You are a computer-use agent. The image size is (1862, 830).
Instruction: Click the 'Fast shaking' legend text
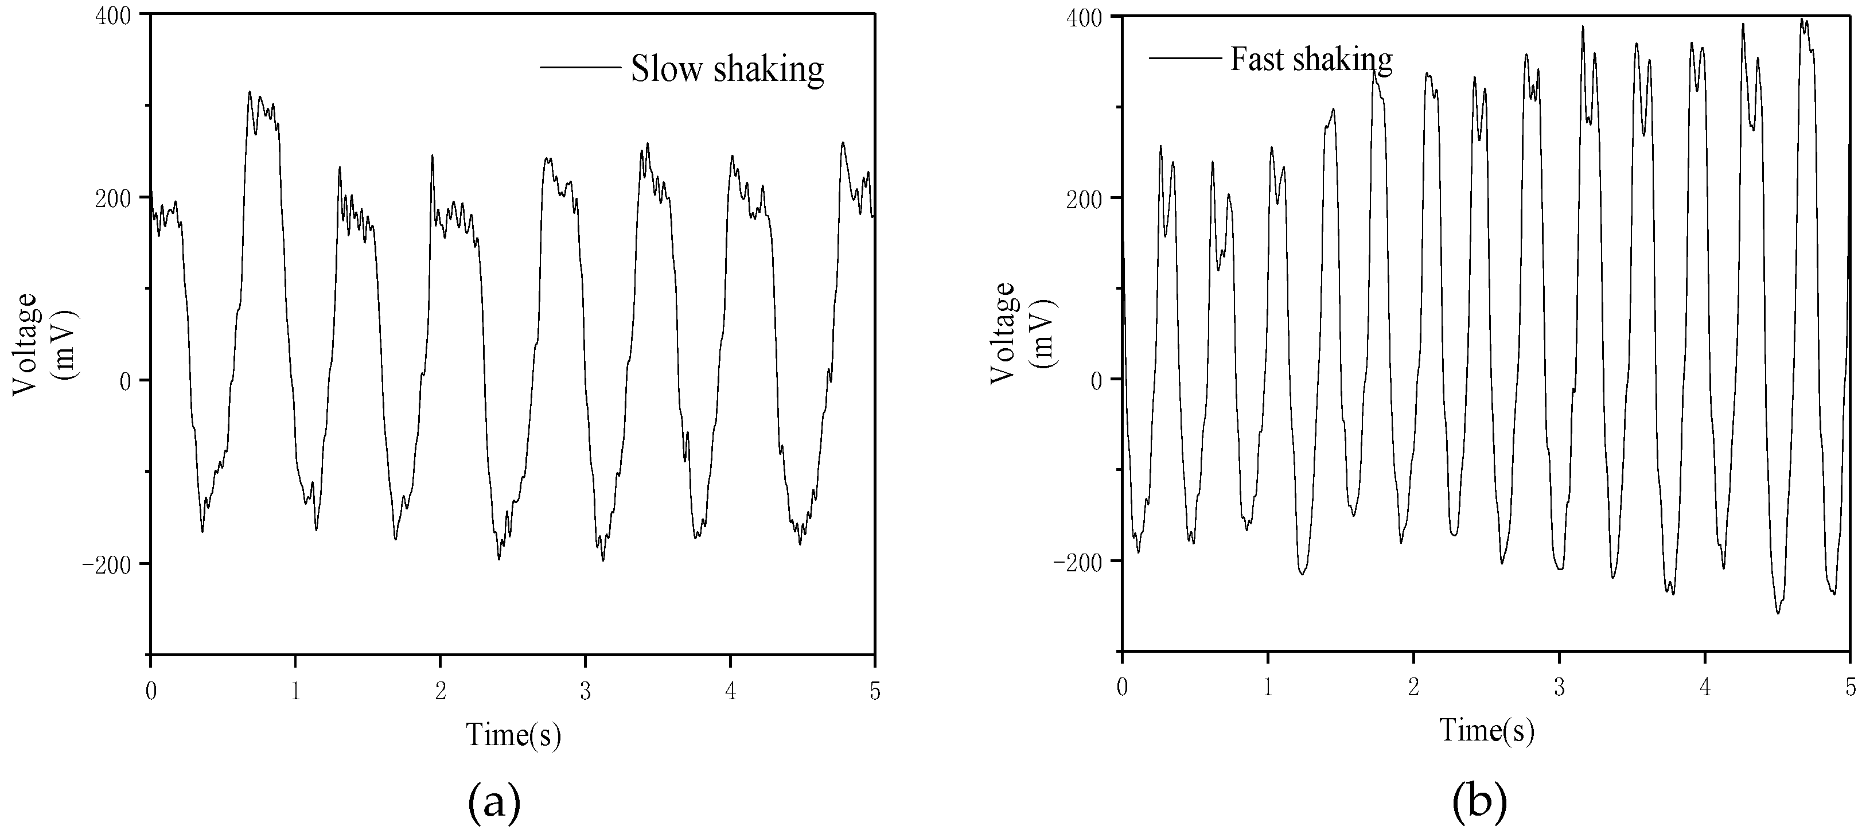pos(1311,59)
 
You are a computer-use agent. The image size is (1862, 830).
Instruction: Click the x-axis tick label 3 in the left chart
pos(586,692)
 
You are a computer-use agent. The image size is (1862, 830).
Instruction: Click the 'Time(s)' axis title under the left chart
pos(513,735)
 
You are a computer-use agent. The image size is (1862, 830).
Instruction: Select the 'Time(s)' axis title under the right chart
pos(1486,730)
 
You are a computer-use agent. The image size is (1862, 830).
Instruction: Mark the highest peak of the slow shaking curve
pos(250,92)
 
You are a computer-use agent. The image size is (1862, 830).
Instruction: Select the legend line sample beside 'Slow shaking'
pos(580,68)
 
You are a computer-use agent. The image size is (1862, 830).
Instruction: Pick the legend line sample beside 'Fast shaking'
pos(1184,56)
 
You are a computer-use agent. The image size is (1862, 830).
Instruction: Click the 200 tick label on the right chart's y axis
pos(1086,198)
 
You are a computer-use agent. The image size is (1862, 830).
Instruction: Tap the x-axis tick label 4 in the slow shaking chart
pos(731,692)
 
